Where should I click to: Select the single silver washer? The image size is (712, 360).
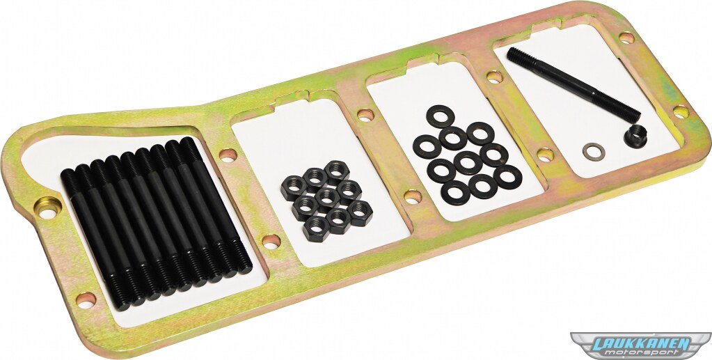(x=594, y=152)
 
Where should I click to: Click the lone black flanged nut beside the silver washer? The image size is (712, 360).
(x=635, y=136)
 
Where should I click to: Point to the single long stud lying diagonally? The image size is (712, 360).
(x=573, y=85)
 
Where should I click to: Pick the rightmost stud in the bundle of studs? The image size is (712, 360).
(x=216, y=205)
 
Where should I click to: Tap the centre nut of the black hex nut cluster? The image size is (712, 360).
(x=327, y=197)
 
